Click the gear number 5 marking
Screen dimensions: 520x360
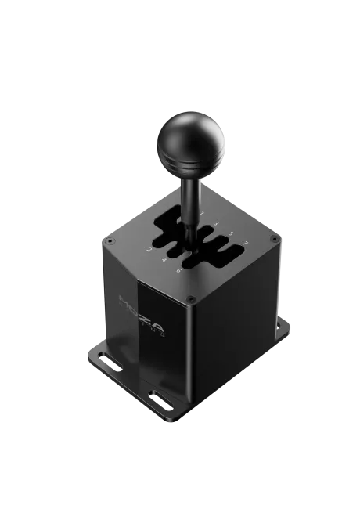230,233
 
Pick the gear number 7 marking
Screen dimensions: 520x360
244,243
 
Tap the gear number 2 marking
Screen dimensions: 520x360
149,251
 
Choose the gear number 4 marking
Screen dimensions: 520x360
164,261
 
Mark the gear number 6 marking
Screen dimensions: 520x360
178,271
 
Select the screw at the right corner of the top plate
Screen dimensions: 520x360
272,237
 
